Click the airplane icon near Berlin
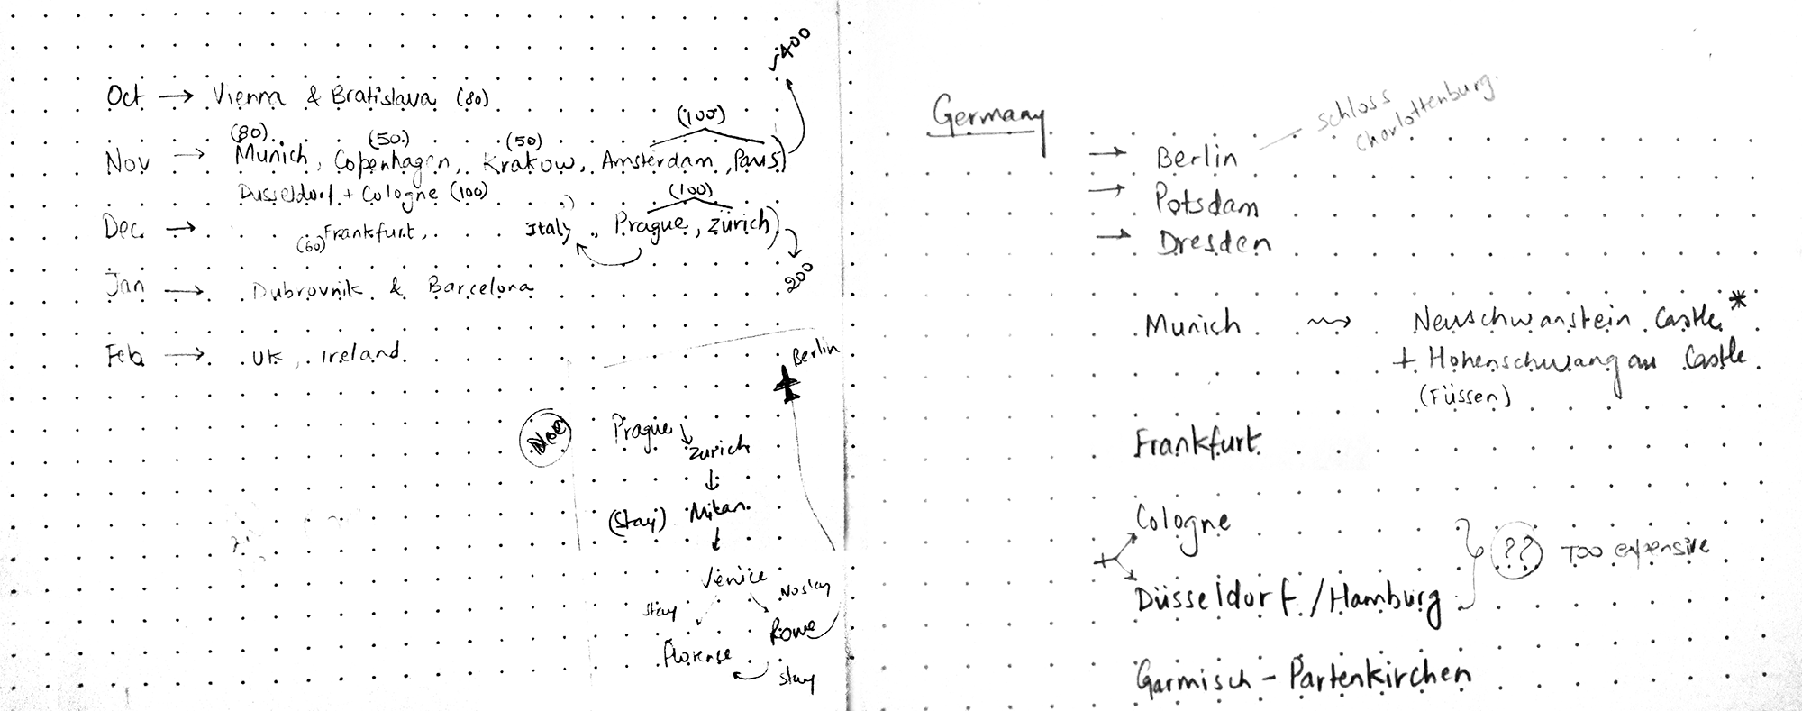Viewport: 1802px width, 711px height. (x=787, y=387)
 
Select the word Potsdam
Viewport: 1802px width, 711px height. (x=1207, y=202)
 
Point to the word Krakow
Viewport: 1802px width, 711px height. (x=528, y=163)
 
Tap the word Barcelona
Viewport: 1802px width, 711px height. (x=480, y=288)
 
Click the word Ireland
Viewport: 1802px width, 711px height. (x=360, y=353)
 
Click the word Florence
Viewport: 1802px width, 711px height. (x=696, y=656)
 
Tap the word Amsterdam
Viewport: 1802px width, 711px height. (x=657, y=162)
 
